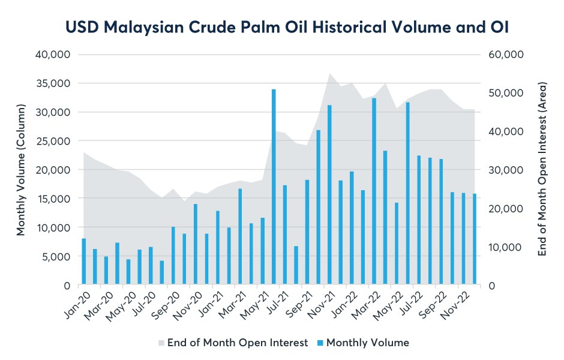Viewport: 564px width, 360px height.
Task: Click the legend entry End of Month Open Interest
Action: click(238, 343)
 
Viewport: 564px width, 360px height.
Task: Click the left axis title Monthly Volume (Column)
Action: click(22, 170)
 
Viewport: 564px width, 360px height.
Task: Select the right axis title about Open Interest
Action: click(542, 170)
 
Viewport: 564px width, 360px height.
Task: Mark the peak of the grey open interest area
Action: click(330, 74)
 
